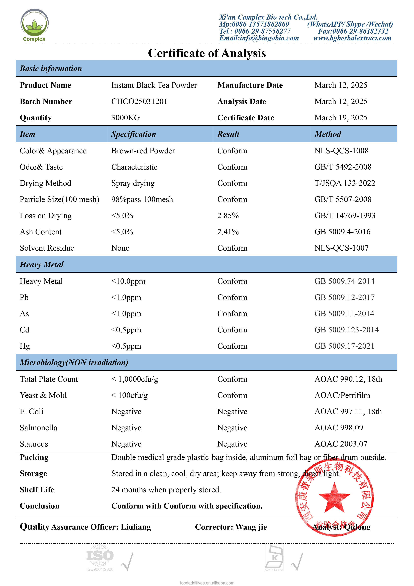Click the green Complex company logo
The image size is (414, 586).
[34, 25]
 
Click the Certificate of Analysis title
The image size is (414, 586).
[207, 53]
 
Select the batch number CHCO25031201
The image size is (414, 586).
[139, 102]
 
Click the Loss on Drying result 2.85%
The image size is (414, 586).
[228, 216]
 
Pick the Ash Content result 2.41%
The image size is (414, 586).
[228, 232]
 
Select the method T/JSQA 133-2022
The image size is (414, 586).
[345, 183]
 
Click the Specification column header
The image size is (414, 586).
[133, 134]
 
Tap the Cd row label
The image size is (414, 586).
[25, 330]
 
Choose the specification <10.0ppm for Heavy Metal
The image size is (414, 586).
[128, 281]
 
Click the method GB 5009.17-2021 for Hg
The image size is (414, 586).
[344, 346]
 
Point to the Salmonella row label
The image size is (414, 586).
[39, 428]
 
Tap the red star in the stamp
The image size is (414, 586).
[334, 498]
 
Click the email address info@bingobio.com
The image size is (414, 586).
[259, 38]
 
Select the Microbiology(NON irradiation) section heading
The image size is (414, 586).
[74, 362]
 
